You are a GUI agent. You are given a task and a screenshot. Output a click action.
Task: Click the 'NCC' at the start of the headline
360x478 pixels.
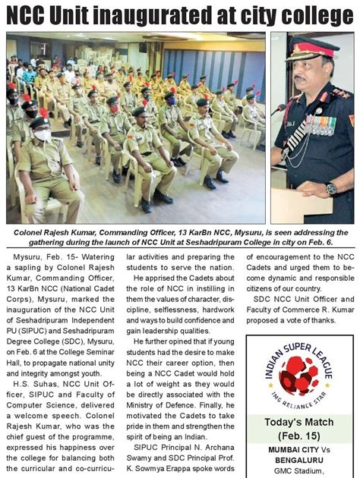(31, 15)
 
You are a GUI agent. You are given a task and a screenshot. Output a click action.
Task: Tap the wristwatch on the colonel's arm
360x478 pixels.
(332, 187)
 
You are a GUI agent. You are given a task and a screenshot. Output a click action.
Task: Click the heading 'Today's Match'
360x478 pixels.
(302, 422)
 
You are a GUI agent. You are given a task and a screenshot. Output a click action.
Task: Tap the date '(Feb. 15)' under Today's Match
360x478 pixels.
(302, 437)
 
